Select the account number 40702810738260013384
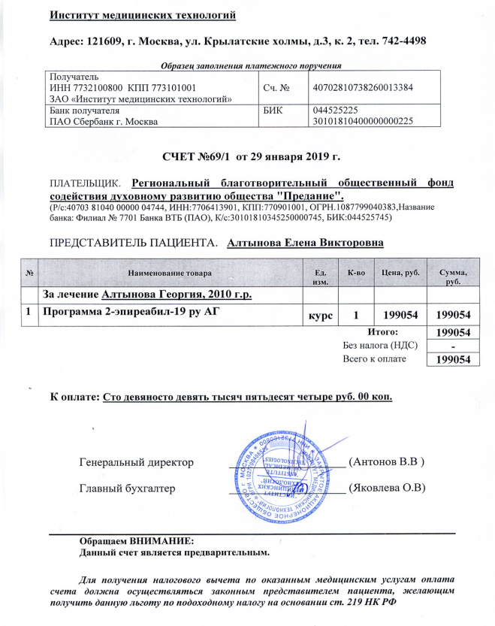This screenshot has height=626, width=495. (362, 87)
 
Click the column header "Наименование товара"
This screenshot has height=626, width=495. (170, 271)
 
